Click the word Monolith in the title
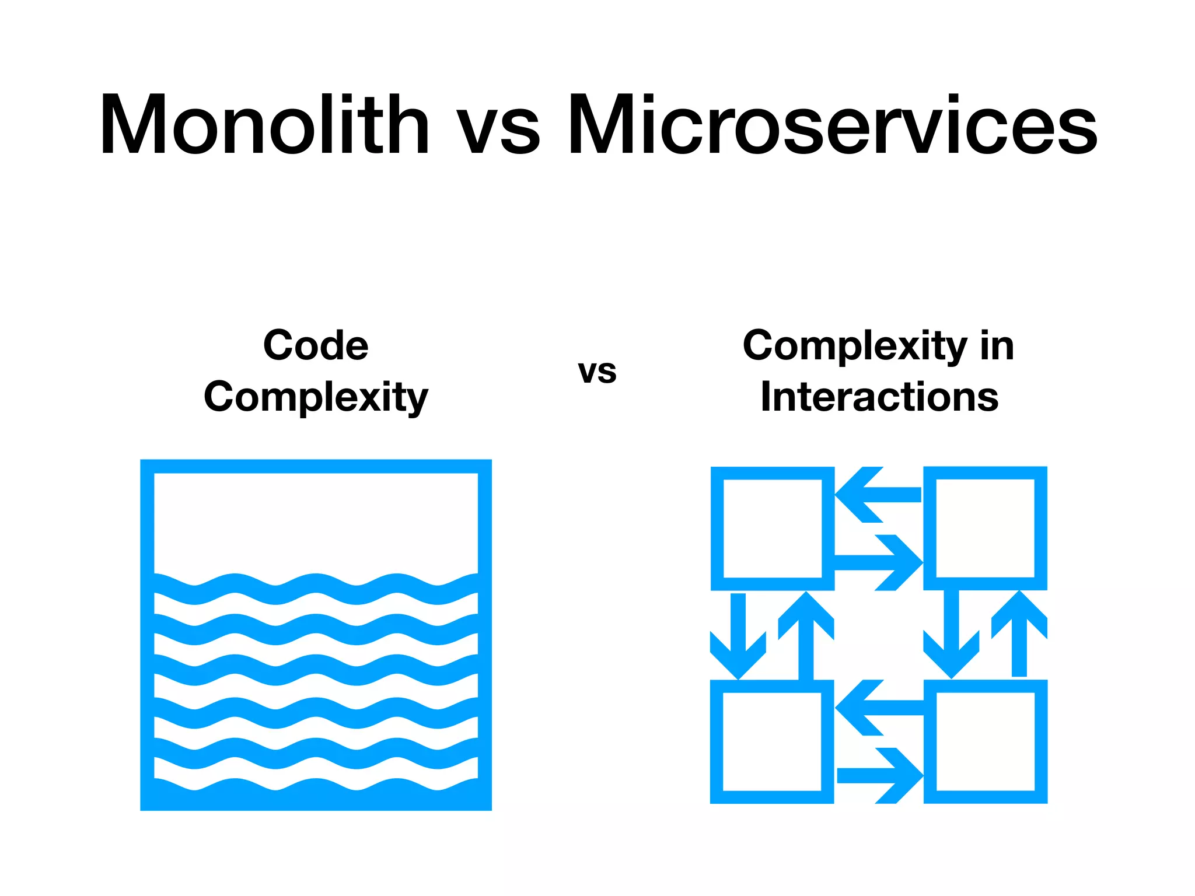(x=264, y=125)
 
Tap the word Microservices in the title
(x=833, y=125)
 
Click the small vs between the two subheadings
(x=597, y=372)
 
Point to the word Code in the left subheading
(x=316, y=345)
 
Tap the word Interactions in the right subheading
(x=879, y=397)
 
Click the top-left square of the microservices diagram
(x=772, y=528)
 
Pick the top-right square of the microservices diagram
(x=985, y=528)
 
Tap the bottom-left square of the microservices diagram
(x=772, y=741)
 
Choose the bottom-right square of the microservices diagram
(x=985, y=741)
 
